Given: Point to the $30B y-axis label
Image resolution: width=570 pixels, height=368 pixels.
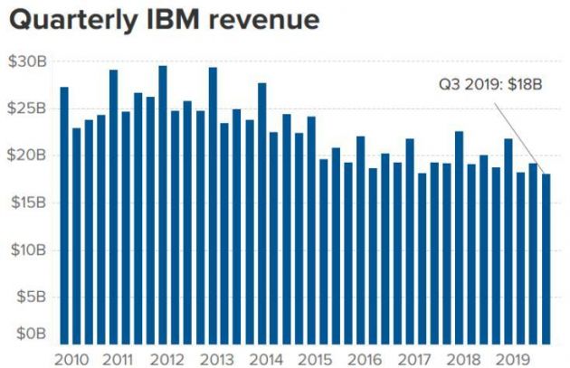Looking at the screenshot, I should tap(24, 61).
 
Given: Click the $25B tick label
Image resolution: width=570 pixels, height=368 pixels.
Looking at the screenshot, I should tap(24, 109).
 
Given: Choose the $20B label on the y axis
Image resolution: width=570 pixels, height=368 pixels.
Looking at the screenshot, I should tap(24, 156).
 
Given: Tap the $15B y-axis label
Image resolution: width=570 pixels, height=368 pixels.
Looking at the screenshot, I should tap(24, 203).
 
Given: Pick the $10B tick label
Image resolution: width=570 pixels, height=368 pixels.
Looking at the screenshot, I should tap(24, 250).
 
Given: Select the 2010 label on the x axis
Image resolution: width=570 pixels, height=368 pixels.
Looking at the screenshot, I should tap(71, 357).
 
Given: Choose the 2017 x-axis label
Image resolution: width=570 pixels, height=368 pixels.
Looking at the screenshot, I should tap(413, 357).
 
